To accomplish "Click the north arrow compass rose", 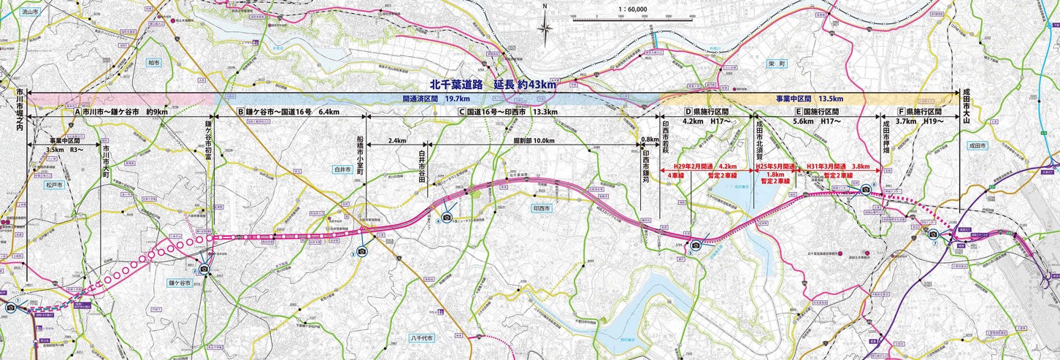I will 545,28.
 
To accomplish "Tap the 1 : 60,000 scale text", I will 632,9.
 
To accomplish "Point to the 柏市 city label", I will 153,63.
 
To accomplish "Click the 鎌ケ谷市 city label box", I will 180,283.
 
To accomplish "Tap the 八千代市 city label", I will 421,339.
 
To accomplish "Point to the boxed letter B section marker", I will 240,112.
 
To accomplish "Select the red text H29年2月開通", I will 694,166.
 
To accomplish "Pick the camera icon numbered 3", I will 362,250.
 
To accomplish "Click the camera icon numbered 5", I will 696,245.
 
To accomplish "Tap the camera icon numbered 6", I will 866,189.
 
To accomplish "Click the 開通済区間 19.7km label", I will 437,98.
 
